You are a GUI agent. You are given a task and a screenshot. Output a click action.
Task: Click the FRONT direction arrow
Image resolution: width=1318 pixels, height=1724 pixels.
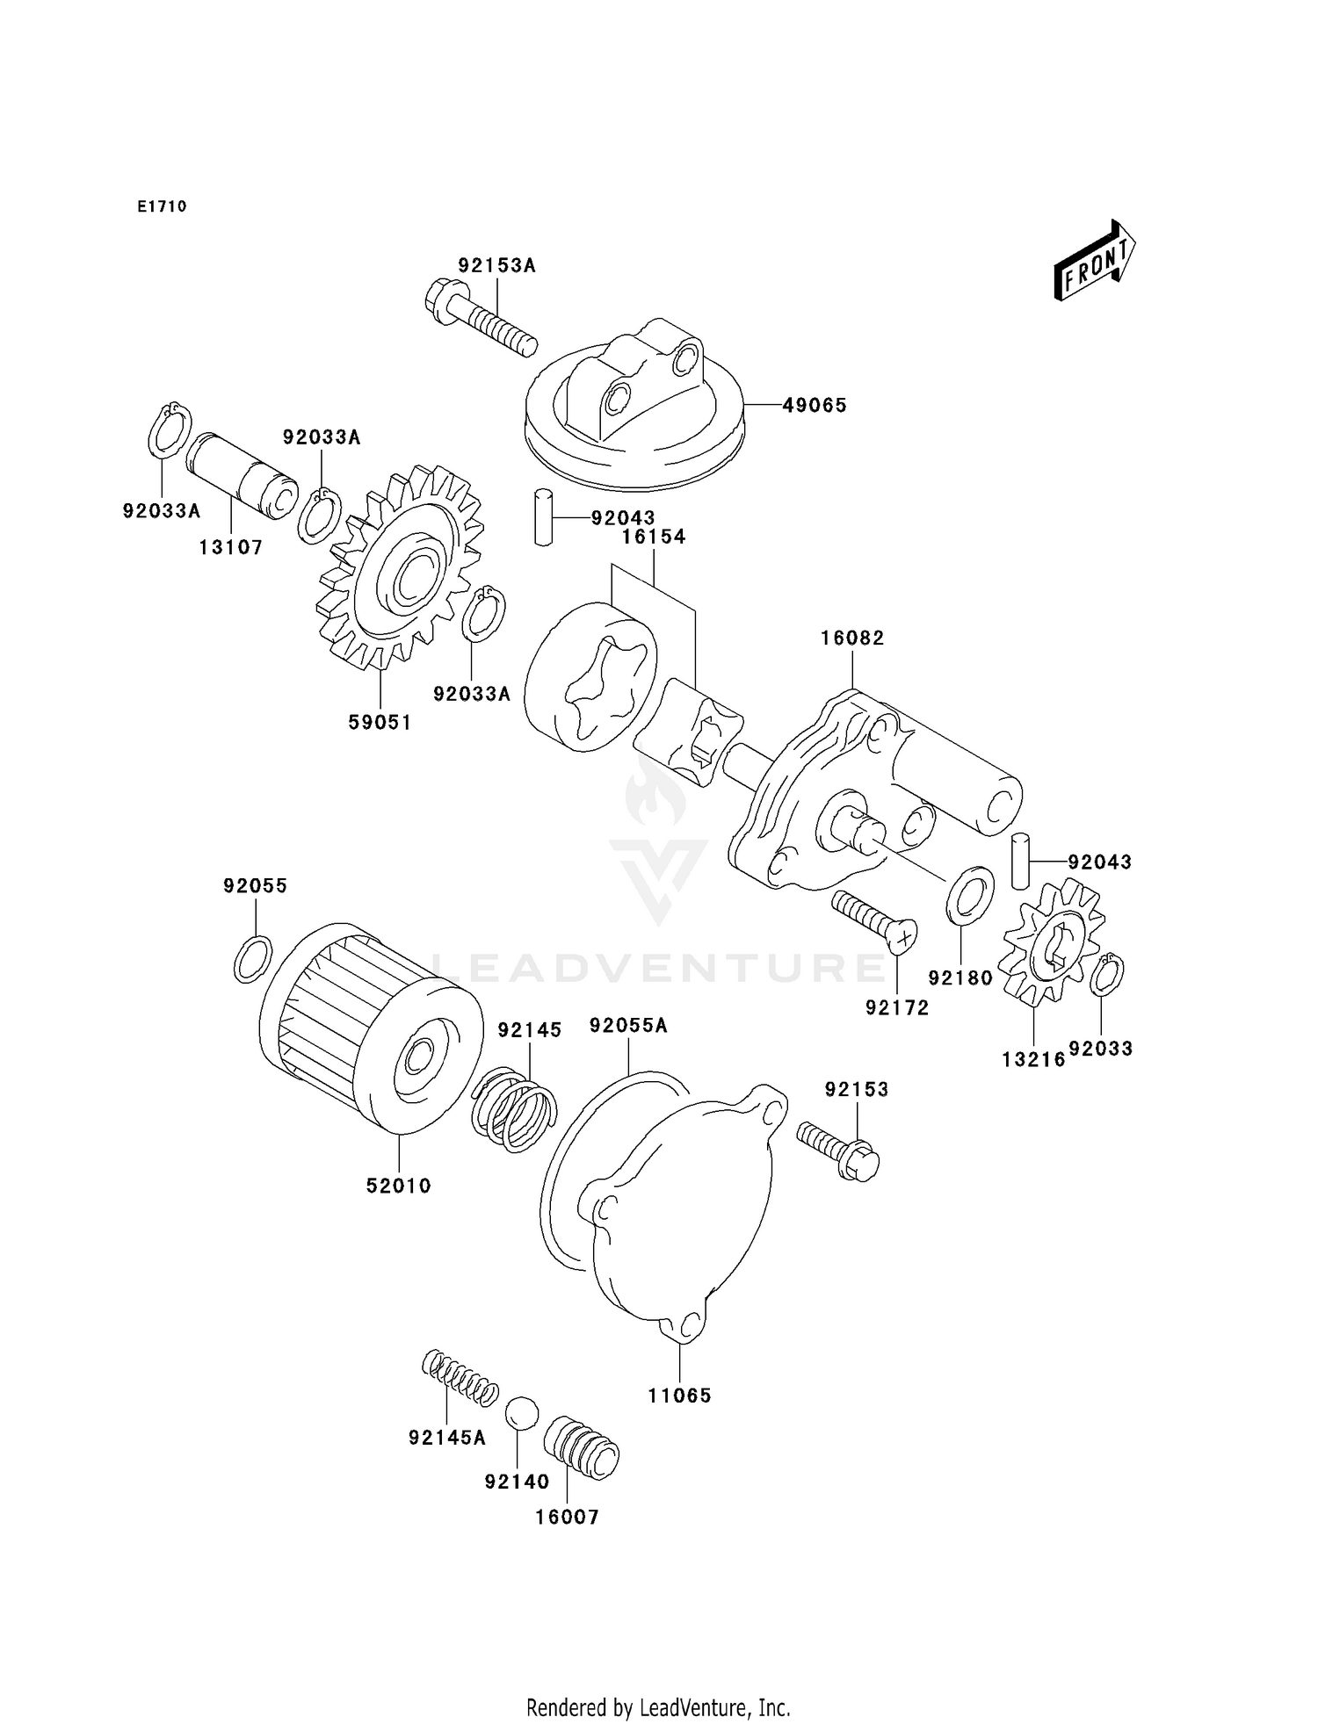click(1094, 262)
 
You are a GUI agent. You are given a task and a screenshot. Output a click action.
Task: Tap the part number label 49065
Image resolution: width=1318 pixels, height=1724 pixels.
click(815, 406)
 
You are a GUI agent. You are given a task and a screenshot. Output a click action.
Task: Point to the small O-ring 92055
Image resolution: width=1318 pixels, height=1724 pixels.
click(253, 959)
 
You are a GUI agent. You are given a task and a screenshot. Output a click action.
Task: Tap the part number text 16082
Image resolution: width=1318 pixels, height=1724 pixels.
click(852, 638)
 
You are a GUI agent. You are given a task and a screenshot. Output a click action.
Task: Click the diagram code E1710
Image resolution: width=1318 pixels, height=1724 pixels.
click(162, 207)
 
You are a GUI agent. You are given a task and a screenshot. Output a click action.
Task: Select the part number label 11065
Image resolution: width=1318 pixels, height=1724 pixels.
click(679, 1396)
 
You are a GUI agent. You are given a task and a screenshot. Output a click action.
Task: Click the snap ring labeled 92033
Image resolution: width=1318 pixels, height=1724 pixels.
click(1107, 975)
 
